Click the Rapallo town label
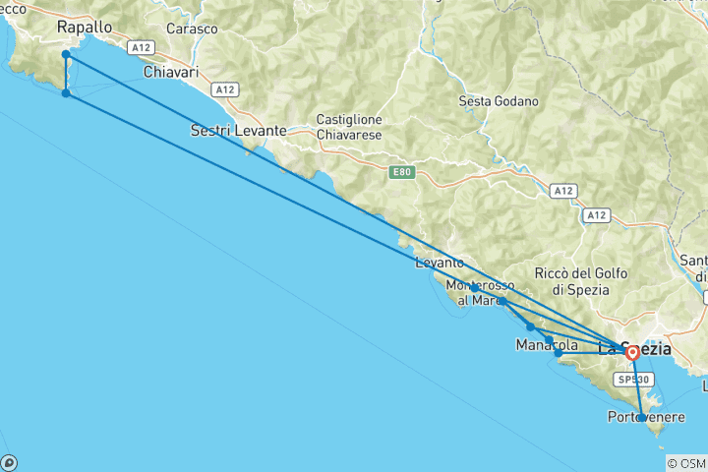coord(85,27)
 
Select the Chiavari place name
coord(171,73)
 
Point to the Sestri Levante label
coord(238,130)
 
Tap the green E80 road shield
coord(399,172)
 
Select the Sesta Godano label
coord(499,101)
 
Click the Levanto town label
coord(440,263)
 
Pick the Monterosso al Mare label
coord(476,293)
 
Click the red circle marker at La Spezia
coord(632,352)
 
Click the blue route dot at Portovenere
coord(642,418)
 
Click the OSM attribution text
coord(685,463)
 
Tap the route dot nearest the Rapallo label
coord(65,54)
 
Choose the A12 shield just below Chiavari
coord(226,89)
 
